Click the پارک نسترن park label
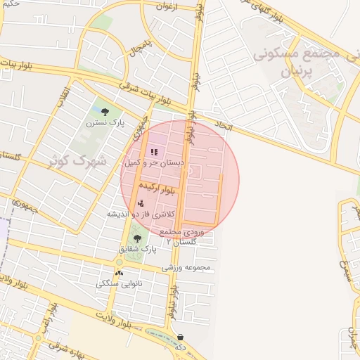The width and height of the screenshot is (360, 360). point(105,122)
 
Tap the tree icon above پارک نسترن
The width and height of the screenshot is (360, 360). point(105,111)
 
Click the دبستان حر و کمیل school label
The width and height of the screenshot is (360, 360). point(154,162)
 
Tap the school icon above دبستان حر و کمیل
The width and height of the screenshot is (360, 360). point(154,152)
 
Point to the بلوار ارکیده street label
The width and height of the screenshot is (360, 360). point(157,188)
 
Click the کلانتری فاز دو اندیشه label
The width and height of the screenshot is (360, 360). point(140,213)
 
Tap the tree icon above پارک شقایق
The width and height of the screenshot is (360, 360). point(137,239)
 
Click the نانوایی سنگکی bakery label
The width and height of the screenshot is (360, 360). point(118,283)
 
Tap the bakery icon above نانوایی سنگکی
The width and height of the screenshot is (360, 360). point(118,273)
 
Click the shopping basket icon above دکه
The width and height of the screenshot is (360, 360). point(181,337)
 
